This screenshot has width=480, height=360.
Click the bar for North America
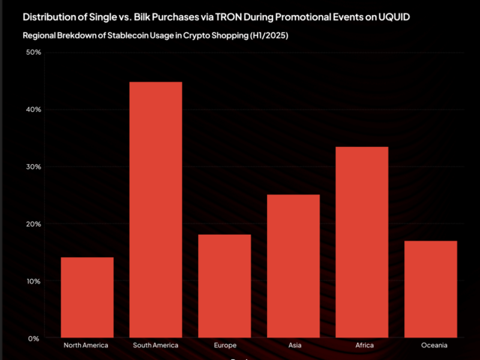[x=87, y=298]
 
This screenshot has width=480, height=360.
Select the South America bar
[x=156, y=210]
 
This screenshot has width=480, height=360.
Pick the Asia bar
[x=293, y=266]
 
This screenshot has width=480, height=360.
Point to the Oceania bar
[x=430, y=289]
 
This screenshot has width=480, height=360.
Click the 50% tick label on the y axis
[x=33, y=52]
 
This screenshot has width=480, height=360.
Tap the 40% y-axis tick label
[x=33, y=109]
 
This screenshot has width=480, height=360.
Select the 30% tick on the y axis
[x=33, y=166]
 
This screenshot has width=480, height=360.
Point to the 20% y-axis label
[x=33, y=224]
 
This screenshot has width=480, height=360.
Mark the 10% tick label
[x=33, y=281]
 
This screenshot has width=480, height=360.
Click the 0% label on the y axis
[x=35, y=338]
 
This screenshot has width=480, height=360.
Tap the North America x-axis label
[x=87, y=346]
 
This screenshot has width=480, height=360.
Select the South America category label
[x=156, y=346]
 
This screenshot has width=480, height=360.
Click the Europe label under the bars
[x=224, y=346]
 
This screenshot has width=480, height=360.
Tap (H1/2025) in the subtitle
[x=268, y=36]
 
